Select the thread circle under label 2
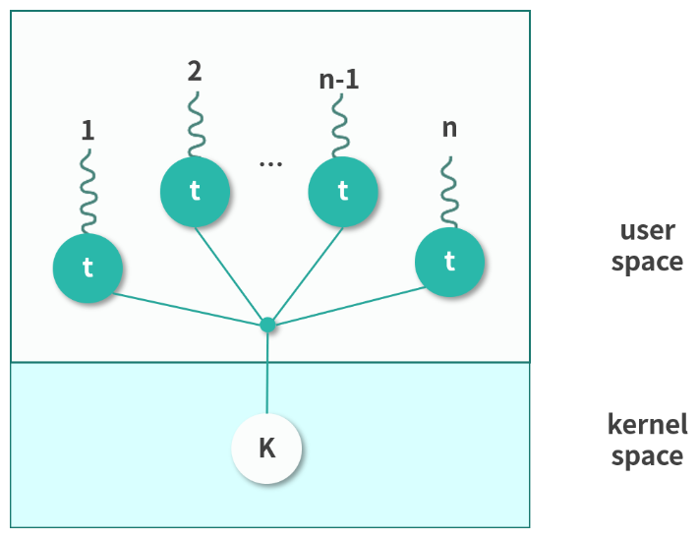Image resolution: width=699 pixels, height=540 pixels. pos(195,191)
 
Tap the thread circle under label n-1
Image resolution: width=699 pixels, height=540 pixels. pos(342,191)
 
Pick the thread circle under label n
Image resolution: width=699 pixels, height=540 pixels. pos(449,262)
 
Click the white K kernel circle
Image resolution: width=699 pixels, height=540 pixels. pos(266,449)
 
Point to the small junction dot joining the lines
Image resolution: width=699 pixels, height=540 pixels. pos(266,324)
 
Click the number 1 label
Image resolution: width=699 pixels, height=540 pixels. pos(87,130)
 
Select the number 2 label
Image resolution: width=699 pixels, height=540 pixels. pos(195,71)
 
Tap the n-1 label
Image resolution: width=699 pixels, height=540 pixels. pos(339,80)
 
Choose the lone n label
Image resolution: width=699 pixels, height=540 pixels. pos(449,128)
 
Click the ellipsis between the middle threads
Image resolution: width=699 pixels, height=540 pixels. pos(270,161)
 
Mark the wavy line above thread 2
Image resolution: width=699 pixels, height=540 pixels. pos(195,123)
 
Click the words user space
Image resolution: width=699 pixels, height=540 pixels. pos(647,246)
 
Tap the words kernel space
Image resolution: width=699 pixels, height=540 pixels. pos(647,441)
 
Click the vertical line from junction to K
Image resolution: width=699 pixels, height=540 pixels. pos(266,374)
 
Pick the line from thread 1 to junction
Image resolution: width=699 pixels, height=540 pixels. pos(187,308)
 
